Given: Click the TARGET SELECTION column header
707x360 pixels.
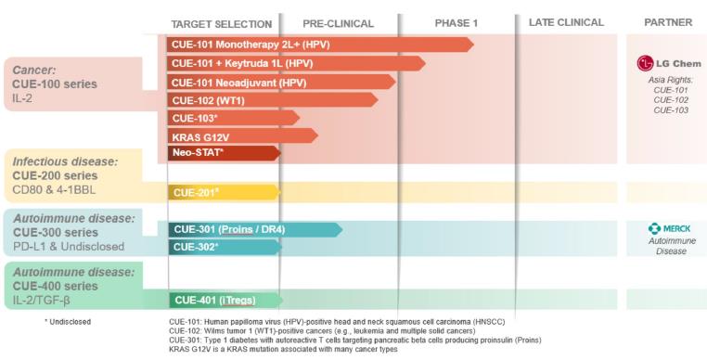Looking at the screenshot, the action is click(222, 24).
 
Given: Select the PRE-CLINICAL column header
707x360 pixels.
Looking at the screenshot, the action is click(338, 23).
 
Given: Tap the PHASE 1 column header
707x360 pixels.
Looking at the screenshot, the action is click(456, 23).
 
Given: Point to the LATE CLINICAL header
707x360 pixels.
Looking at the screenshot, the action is click(566, 22).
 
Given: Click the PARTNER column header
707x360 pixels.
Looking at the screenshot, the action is click(668, 22).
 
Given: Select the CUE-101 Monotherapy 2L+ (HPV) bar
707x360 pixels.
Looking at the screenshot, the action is click(320, 45).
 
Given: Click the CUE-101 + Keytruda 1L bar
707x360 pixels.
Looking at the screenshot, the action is click(296, 64).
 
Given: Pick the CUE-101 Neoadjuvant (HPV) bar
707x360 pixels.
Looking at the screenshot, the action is click(281, 82).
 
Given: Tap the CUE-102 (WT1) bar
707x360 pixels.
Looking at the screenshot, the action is click(273, 100).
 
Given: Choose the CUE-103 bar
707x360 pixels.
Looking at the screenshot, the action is click(233, 118).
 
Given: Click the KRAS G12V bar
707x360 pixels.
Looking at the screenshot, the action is click(242, 135).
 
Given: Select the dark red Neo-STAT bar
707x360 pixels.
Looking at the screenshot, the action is click(225, 153).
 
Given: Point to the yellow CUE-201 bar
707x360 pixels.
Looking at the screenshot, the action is click(225, 192).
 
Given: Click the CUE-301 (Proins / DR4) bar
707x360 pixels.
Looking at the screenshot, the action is click(255, 229).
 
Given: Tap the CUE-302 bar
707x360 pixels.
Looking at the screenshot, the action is click(225, 247).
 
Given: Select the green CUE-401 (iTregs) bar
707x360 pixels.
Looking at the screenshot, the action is click(225, 301).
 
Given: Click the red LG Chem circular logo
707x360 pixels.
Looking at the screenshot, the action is click(645, 64).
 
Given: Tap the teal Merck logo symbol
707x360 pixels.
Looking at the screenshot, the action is click(654, 229).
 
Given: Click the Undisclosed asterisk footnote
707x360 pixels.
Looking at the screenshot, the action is click(68, 322).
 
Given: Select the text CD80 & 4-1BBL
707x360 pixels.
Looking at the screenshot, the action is click(54, 190).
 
